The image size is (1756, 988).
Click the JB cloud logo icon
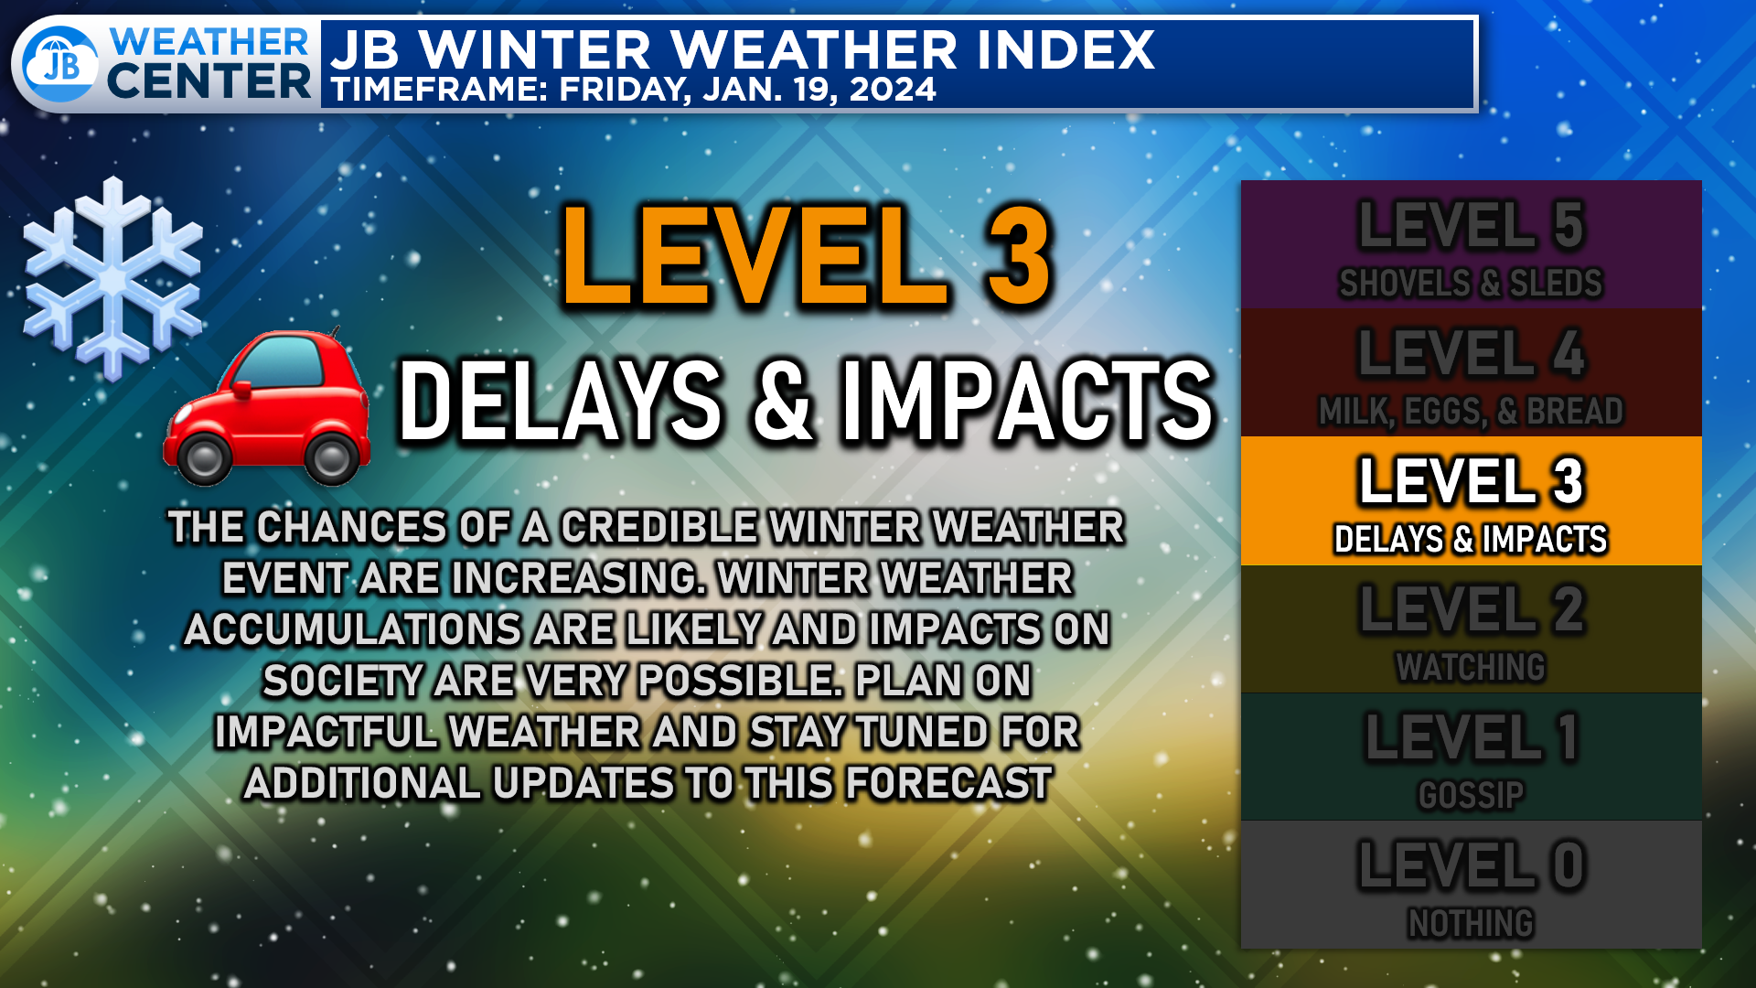[x=60, y=64]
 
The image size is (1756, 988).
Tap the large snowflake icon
[x=112, y=279]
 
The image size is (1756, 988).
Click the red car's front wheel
[x=203, y=456]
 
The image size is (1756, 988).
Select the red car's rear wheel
[x=332, y=456]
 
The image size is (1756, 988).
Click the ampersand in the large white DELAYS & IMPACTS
[x=783, y=400]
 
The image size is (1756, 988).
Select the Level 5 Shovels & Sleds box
[x=1471, y=244]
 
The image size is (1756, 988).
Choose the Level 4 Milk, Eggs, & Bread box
[x=1471, y=372]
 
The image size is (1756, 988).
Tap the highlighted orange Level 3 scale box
[x=1471, y=500]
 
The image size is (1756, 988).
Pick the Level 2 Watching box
[x=1471, y=628]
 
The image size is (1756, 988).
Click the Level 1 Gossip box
[x=1471, y=757]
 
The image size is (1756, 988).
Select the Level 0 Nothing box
[x=1471, y=885]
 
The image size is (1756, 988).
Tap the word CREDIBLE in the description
[x=658, y=527]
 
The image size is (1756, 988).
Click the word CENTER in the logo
[x=209, y=81]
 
